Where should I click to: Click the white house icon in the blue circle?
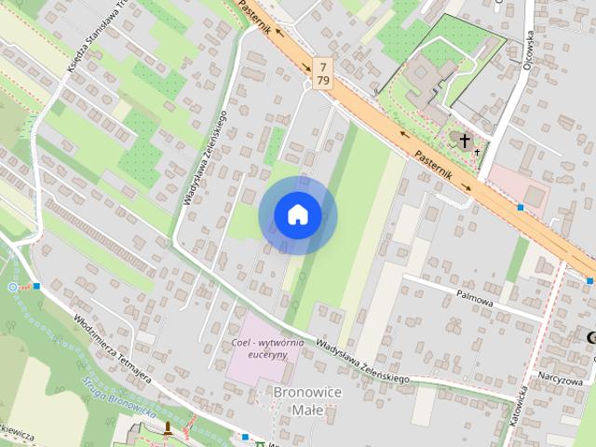coord(298,215)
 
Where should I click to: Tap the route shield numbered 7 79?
coord(322,73)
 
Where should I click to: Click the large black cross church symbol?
coord(464,141)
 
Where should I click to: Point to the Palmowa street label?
coord(475,293)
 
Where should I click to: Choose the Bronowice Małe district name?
coord(307,400)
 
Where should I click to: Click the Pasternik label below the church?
coord(433,166)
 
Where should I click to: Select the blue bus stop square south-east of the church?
coord(521,207)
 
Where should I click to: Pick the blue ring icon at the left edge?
coord(13,287)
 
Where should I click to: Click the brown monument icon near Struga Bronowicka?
coord(168,428)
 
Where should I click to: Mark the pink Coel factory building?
coord(256,359)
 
